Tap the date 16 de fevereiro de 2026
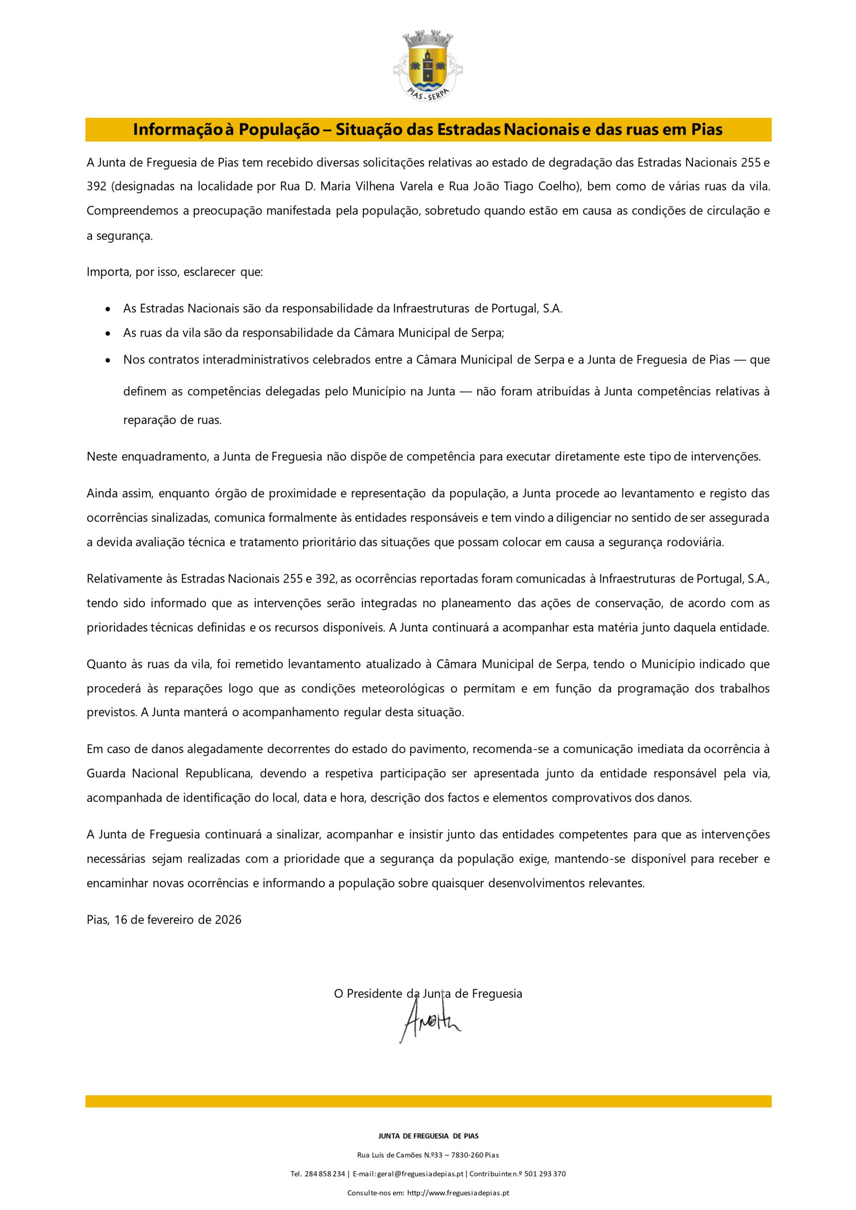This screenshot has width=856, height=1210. pos(178,920)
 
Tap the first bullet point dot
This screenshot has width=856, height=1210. pos(108,309)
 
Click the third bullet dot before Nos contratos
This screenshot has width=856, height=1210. pos(108,361)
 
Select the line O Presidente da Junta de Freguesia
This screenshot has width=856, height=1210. pos(428,994)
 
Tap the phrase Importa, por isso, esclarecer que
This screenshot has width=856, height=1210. pos(174,272)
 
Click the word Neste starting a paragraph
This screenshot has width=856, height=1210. pos(102,457)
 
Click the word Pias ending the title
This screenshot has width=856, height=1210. pos(707,130)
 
